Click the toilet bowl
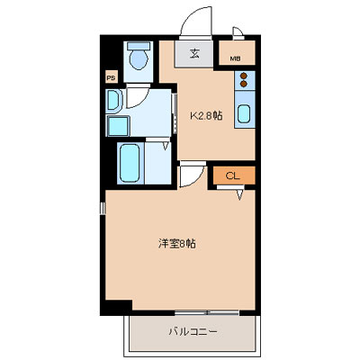(139, 59)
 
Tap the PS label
(111, 78)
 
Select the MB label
(235, 58)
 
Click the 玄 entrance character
(194, 54)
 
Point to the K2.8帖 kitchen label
(207, 115)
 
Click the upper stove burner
(244, 76)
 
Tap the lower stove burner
(244, 84)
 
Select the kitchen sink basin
(245, 113)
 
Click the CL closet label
(233, 175)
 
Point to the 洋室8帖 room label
(177, 244)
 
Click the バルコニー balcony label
(193, 332)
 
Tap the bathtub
(130, 163)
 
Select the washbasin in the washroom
(113, 100)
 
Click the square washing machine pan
(118, 126)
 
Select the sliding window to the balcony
(207, 312)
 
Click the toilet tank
(139, 46)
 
